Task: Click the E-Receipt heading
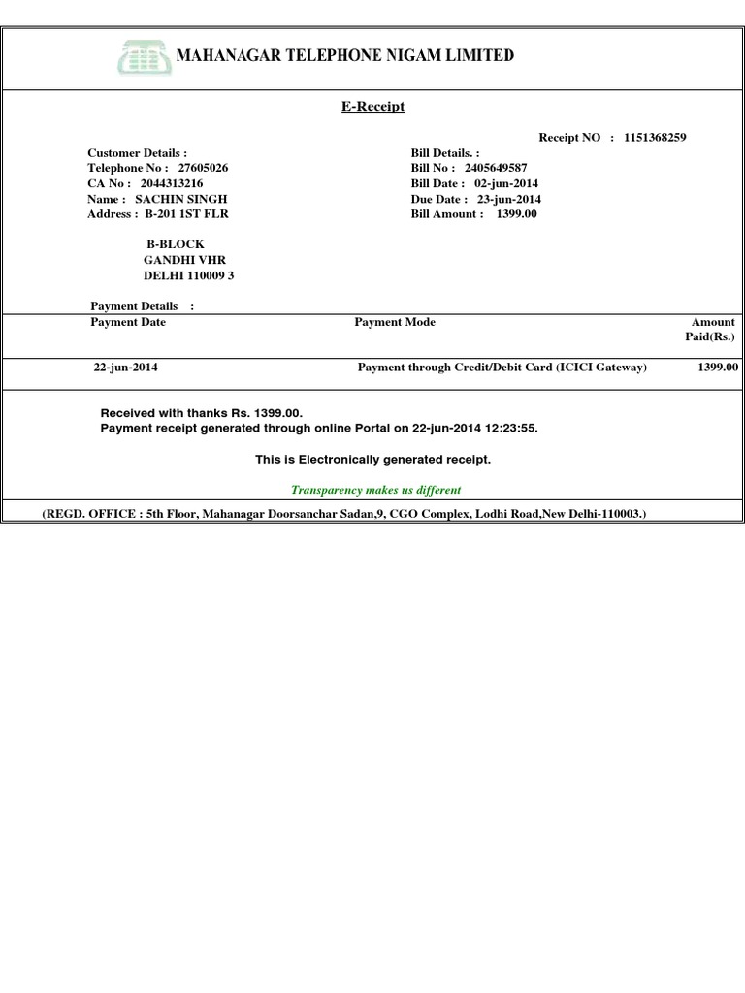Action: [372, 107]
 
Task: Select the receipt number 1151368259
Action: [656, 138]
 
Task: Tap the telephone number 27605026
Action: [203, 168]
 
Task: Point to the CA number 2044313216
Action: [172, 183]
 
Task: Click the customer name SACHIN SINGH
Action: [181, 199]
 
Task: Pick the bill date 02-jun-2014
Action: [506, 183]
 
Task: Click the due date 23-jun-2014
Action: [509, 199]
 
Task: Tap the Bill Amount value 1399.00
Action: [516, 214]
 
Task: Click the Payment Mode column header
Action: [395, 322]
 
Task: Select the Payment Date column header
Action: [128, 322]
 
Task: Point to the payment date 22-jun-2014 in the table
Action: [126, 368]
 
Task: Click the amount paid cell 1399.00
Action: [718, 368]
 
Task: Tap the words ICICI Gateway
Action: [601, 368]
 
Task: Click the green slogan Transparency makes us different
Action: [376, 490]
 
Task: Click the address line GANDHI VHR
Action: [184, 260]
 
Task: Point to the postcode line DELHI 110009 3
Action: [188, 275]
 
